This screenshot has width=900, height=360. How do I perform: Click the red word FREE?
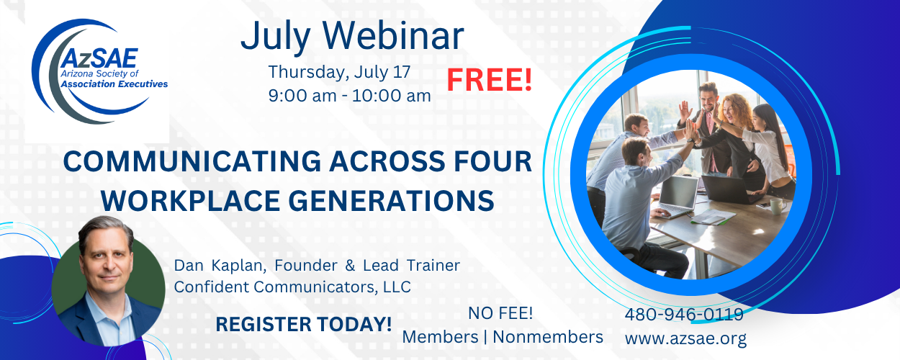[490, 80]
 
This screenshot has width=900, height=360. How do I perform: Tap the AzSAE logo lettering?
[99, 58]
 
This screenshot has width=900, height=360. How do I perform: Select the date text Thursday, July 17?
[339, 72]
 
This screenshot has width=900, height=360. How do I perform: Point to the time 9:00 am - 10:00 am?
[349, 96]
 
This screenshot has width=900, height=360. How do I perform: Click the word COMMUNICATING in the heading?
[192, 161]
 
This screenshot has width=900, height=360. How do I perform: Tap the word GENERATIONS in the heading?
[391, 200]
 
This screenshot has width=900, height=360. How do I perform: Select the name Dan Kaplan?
[220, 266]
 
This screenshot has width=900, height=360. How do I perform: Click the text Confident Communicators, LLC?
[292, 287]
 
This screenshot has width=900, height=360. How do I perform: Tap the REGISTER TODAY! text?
[303, 324]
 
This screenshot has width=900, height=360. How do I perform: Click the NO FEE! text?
[500, 313]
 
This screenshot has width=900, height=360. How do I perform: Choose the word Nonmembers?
[548, 337]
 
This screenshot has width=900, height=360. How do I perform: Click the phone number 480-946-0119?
[684, 314]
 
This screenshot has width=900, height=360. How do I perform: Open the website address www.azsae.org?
[685, 338]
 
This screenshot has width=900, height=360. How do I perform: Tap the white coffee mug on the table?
[776, 207]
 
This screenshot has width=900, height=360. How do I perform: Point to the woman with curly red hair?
[736, 132]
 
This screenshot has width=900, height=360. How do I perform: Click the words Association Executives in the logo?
[114, 84]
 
